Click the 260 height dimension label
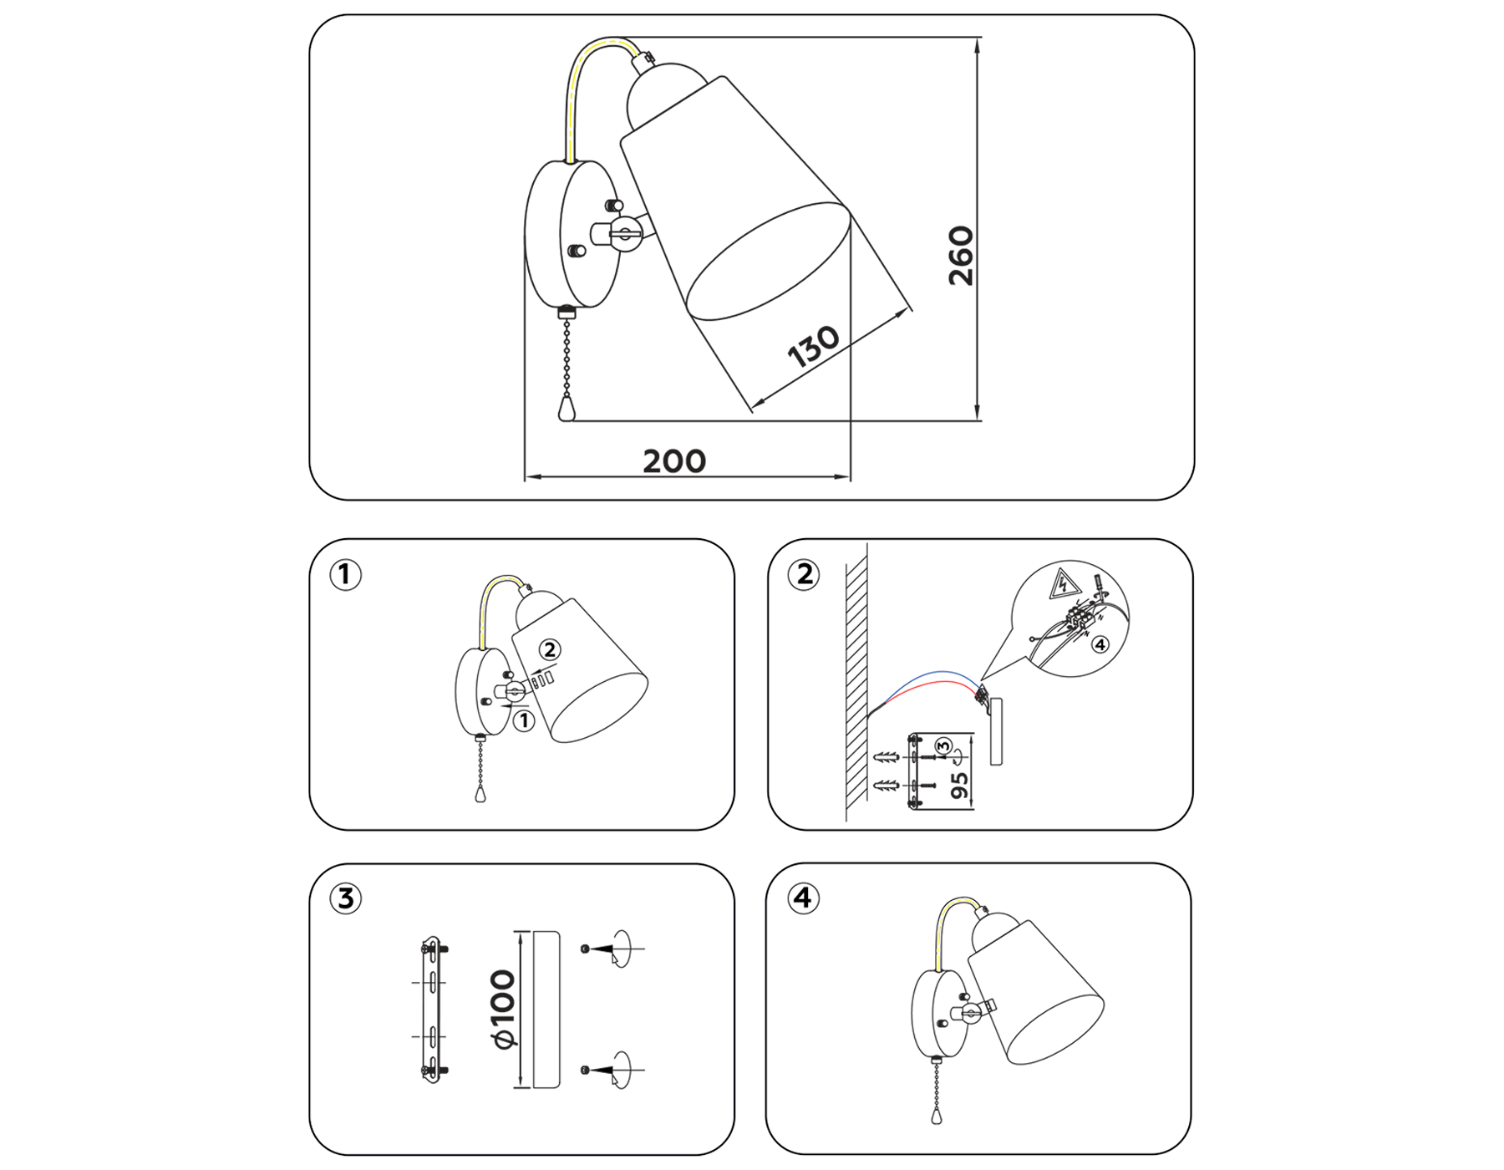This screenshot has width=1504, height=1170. pos(961,256)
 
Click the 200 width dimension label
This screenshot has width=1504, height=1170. pos(674,461)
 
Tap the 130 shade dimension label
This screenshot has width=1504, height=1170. pos(813,346)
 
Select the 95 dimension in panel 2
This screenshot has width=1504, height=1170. pos(959,785)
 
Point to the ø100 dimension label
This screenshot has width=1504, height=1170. pos(503,1009)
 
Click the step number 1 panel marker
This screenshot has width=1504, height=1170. pos(345,575)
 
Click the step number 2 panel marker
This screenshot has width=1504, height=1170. pos(804,575)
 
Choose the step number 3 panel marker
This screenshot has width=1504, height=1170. pos(345,899)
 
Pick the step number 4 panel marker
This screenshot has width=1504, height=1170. pos(802,898)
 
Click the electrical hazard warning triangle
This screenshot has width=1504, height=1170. pos(1064,584)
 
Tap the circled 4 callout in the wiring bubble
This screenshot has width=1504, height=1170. pos(1100,644)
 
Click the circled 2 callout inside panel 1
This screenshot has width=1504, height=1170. pos(549,649)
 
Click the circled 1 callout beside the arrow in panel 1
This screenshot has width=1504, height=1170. pos(524,720)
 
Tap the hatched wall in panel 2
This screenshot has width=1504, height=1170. pos(856,685)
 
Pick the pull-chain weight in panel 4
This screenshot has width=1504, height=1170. pos(936,1116)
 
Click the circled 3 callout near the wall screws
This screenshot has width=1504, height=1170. pos(943,745)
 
